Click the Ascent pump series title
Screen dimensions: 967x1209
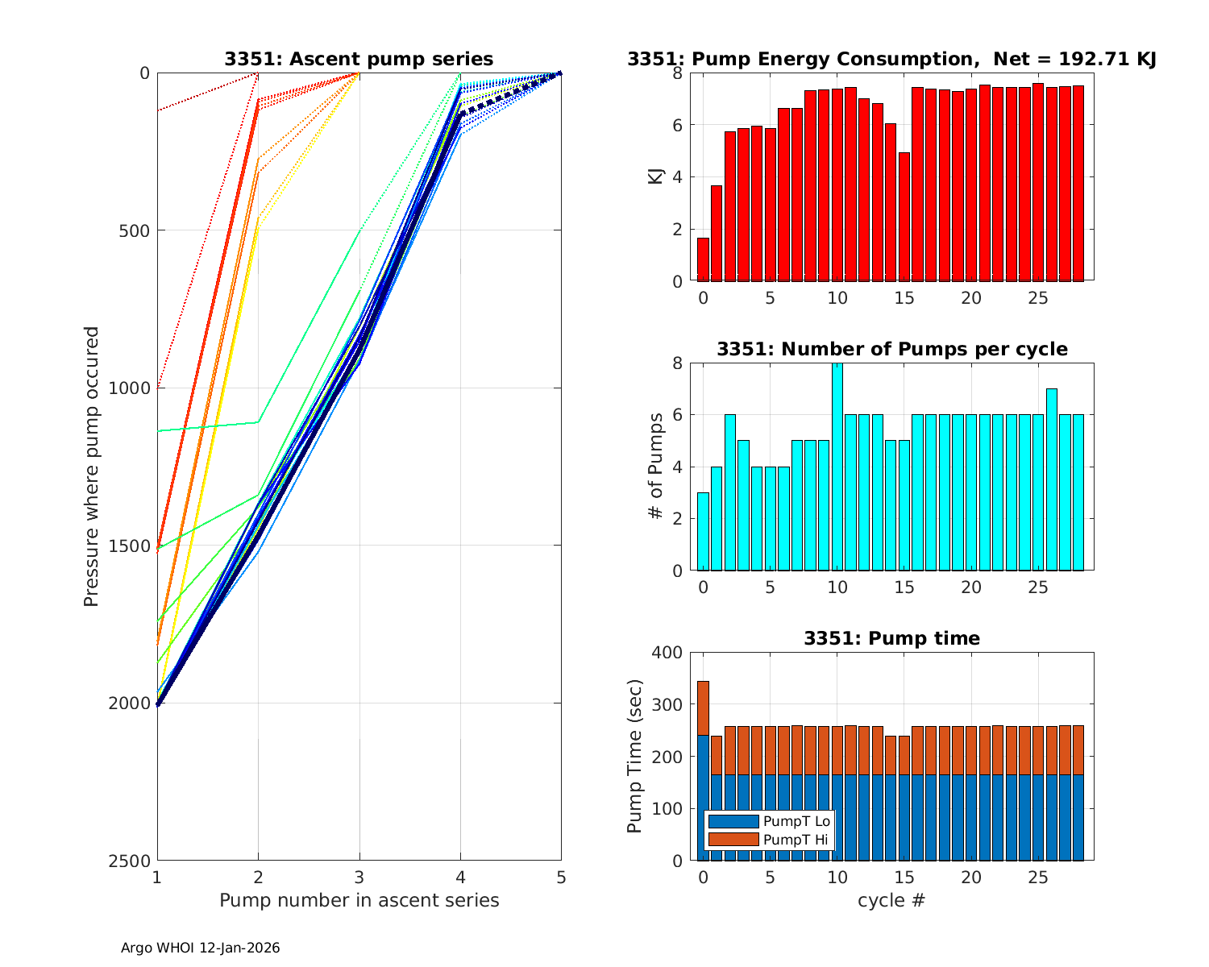pos(359,59)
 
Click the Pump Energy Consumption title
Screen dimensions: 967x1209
pos(891,59)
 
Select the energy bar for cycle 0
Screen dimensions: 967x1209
pos(703,259)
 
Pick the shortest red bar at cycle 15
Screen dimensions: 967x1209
pos(904,216)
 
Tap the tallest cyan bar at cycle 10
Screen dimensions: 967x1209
pos(837,467)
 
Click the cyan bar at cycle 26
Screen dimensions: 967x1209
pos(1052,479)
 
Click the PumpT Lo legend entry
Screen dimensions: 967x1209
pos(770,821)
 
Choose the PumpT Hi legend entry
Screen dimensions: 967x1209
pos(770,840)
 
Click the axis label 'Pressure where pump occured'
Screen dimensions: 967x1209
pos(92,467)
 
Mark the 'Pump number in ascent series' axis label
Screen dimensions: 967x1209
pos(359,900)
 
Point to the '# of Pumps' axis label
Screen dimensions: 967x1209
pos(656,466)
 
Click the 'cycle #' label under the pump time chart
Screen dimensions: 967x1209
pos(891,900)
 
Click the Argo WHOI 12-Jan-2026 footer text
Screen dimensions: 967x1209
pos(201,948)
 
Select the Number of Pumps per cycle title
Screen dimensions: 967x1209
pos(891,349)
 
